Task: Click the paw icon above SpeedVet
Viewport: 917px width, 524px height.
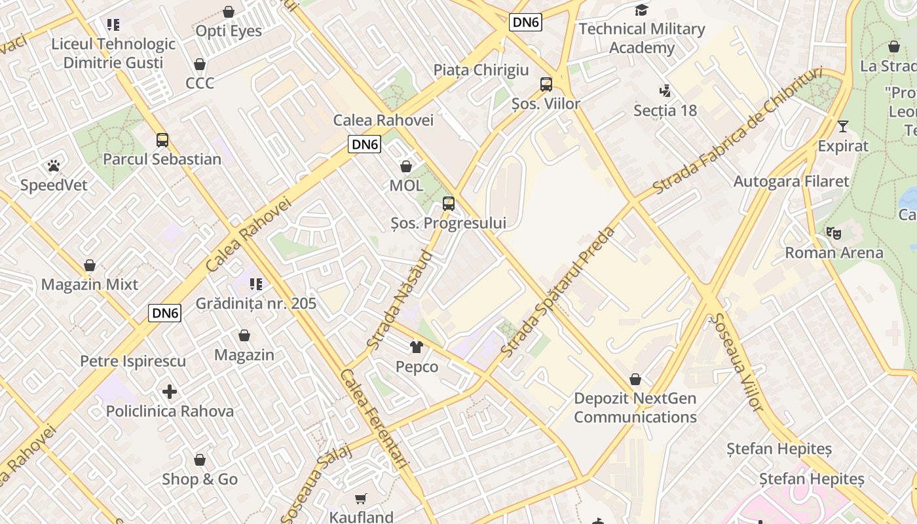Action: (x=53, y=166)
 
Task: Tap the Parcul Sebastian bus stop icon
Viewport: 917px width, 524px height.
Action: (x=162, y=140)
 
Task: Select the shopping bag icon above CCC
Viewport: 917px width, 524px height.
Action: (x=200, y=64)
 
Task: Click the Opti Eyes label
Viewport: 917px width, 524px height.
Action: (x=229, y=31)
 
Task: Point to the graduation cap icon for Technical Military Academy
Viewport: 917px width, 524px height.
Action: (x=641, y=10)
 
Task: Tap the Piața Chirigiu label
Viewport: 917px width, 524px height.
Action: (x=481, y=70)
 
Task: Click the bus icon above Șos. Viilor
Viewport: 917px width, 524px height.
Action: (x=546, y=84)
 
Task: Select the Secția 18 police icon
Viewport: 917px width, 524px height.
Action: (x=665, y=91)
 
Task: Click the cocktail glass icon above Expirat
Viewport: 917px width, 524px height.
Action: (x=842, y=126)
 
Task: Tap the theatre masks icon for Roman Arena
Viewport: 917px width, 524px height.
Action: (x=833, y=233)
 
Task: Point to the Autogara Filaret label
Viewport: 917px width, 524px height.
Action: (x=791, y=181)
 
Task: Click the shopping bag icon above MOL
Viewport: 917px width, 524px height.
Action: (x=406, y=166)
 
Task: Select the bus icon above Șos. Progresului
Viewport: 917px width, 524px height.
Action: (x=448, y=204)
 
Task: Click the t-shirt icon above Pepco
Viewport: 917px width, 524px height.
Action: (x=417, y=347)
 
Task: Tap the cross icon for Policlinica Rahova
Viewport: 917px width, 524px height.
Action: (x=170, y=392)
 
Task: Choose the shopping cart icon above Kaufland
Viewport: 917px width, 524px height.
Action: (x=361, y=499)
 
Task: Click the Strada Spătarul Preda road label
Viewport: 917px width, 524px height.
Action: (x=559, y=291)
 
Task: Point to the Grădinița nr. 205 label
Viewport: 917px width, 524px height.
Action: (x=256, y=303)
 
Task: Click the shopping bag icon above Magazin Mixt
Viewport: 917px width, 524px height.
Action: (x=90, y=265)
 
